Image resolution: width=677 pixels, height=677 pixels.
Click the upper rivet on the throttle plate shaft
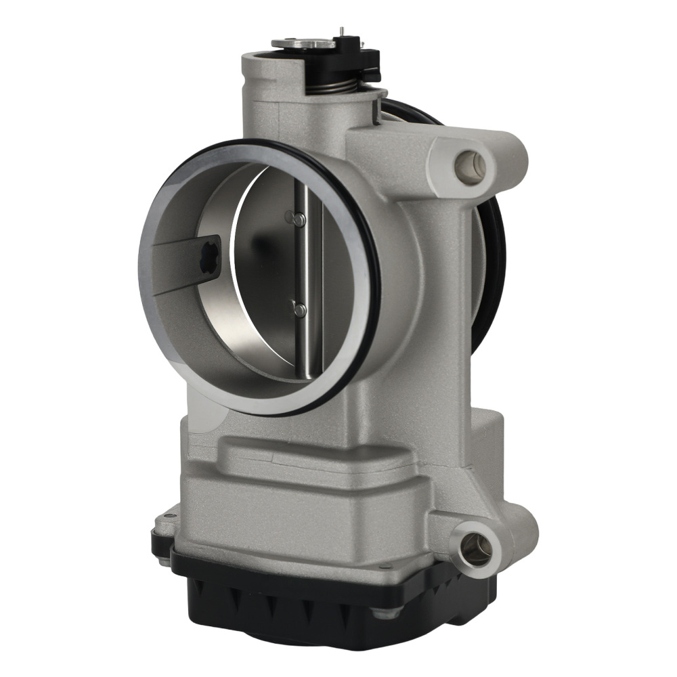click(x=295, y=218)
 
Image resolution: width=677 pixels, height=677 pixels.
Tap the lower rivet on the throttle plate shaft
click(x=299, y=309)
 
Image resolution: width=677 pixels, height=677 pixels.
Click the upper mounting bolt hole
click(x=471, y=165)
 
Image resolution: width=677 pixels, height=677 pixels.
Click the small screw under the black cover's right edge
click(x=387, y=613)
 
